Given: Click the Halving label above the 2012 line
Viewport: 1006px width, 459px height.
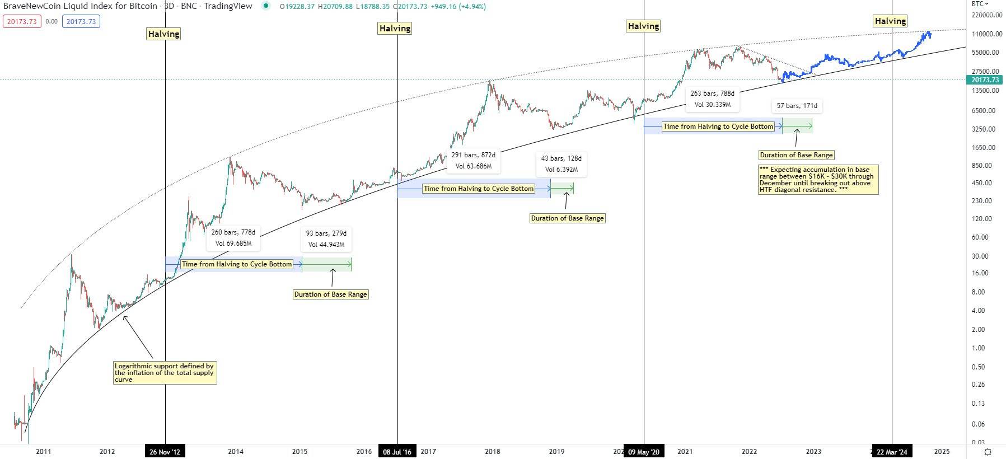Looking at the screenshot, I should (x=163, y=34).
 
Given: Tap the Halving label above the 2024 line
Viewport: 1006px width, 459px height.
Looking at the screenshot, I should (x=890, y=21).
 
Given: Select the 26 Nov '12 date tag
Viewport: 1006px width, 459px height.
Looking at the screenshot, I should (x=165, y=452).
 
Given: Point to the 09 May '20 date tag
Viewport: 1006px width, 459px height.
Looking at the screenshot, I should (x=643, y=452).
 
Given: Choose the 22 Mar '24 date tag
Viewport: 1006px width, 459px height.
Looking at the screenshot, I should (x=892, y=452).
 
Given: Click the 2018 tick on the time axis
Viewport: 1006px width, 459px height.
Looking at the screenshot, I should (x=493, y=452).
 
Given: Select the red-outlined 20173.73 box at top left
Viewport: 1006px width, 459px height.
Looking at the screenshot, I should (x=22, y=22).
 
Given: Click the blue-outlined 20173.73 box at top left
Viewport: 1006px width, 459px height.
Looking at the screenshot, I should (x=81, y=22).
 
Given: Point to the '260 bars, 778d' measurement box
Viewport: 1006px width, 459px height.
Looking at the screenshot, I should (x=233, y=238).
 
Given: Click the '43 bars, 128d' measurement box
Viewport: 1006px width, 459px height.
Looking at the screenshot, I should (x=561, y=164).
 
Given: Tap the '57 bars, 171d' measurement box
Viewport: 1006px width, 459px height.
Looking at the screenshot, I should (x=797, y=106).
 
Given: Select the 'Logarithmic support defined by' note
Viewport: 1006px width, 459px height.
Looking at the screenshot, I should (x=165, y=373).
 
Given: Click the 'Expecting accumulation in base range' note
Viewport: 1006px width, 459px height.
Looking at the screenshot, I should (x=818, y=180).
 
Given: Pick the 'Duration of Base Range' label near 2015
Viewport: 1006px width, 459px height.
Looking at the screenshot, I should (x=330, y=294).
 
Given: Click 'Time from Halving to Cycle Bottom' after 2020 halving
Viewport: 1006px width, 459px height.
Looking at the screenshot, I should (x=718, y=127).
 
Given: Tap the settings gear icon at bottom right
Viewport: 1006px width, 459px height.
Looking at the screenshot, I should (x=988, y=452).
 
